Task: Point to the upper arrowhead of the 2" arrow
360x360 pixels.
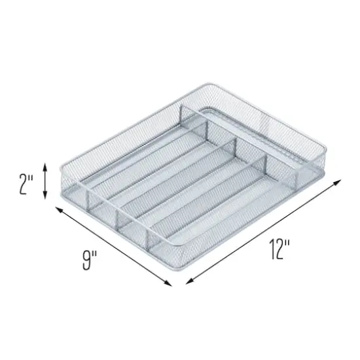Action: (x=45, y=166)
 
